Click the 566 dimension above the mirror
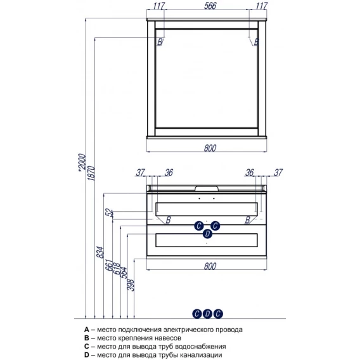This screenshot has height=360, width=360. point(210,6)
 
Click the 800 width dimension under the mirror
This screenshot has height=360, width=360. point(210,148)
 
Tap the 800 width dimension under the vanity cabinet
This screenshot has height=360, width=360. point(210,266)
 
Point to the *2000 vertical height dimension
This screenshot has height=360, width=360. point(82,162)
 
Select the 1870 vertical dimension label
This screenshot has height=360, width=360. point(91,173)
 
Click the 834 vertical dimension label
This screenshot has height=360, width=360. point(100,252)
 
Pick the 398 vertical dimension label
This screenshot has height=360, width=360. point(131,285)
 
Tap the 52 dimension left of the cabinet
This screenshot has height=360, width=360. point(110,213)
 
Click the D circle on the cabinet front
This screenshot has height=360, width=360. point(207,234)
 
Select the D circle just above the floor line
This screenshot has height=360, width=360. point(207,314)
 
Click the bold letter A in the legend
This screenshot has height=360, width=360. point(87,330)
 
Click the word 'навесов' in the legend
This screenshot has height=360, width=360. point(169,338)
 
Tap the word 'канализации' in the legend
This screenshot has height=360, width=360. point(202,355)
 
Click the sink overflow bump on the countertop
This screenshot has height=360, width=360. point(207,188)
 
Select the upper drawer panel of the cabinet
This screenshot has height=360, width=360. point(207,209)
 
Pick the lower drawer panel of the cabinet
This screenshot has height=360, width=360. point(207,240)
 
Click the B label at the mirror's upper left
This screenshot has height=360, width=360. point(160,42)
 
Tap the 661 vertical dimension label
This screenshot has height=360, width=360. point(109,266)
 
